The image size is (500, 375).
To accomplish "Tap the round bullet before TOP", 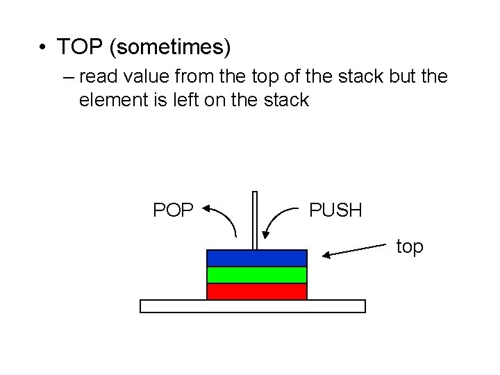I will pos(43,48).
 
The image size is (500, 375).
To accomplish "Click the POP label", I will pos(174,210).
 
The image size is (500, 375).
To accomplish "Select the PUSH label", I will pos(336,210).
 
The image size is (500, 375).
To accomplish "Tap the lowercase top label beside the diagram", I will pos(410,247).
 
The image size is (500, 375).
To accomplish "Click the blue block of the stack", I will pos(256,258).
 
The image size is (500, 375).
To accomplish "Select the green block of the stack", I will pos(256,275).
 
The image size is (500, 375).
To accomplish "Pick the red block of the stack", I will pos(256,292).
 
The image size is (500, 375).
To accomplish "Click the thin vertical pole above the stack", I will pos(255,219).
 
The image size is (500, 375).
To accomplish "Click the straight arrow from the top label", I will pos(354,251).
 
